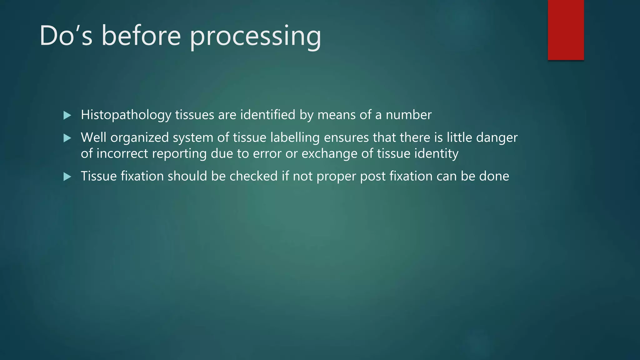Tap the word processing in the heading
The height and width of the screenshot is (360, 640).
[x=255, y=37]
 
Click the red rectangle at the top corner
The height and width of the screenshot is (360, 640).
[x=566, y=30]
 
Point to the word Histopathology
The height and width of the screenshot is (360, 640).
[x=126, y=115]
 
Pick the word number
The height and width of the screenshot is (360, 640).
[x=408, y=115]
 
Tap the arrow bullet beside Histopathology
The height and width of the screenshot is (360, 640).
[x=67, y=115]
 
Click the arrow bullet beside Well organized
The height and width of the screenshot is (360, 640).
[x=67, y=138]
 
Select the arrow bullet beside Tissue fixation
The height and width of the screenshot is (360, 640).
[x=67, y=177]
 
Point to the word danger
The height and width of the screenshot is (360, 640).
[x=497, y=138]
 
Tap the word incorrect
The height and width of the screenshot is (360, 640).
[x=122, y=154]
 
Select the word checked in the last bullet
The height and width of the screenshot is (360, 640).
[x=253, y=176]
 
